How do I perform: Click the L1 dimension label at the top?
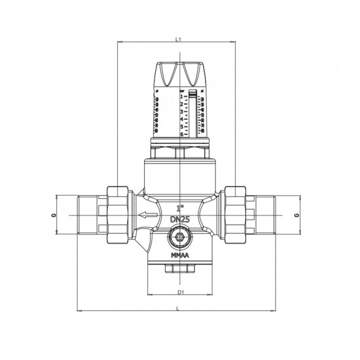[x=179, y=40]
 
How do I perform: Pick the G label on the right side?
[x=297, y=215]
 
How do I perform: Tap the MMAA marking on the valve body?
[x=179, y=255]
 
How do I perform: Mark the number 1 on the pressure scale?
[x=182, y=96]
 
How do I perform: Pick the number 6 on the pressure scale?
[x=182, y=134]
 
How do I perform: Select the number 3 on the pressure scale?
[x=182, y=111]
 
